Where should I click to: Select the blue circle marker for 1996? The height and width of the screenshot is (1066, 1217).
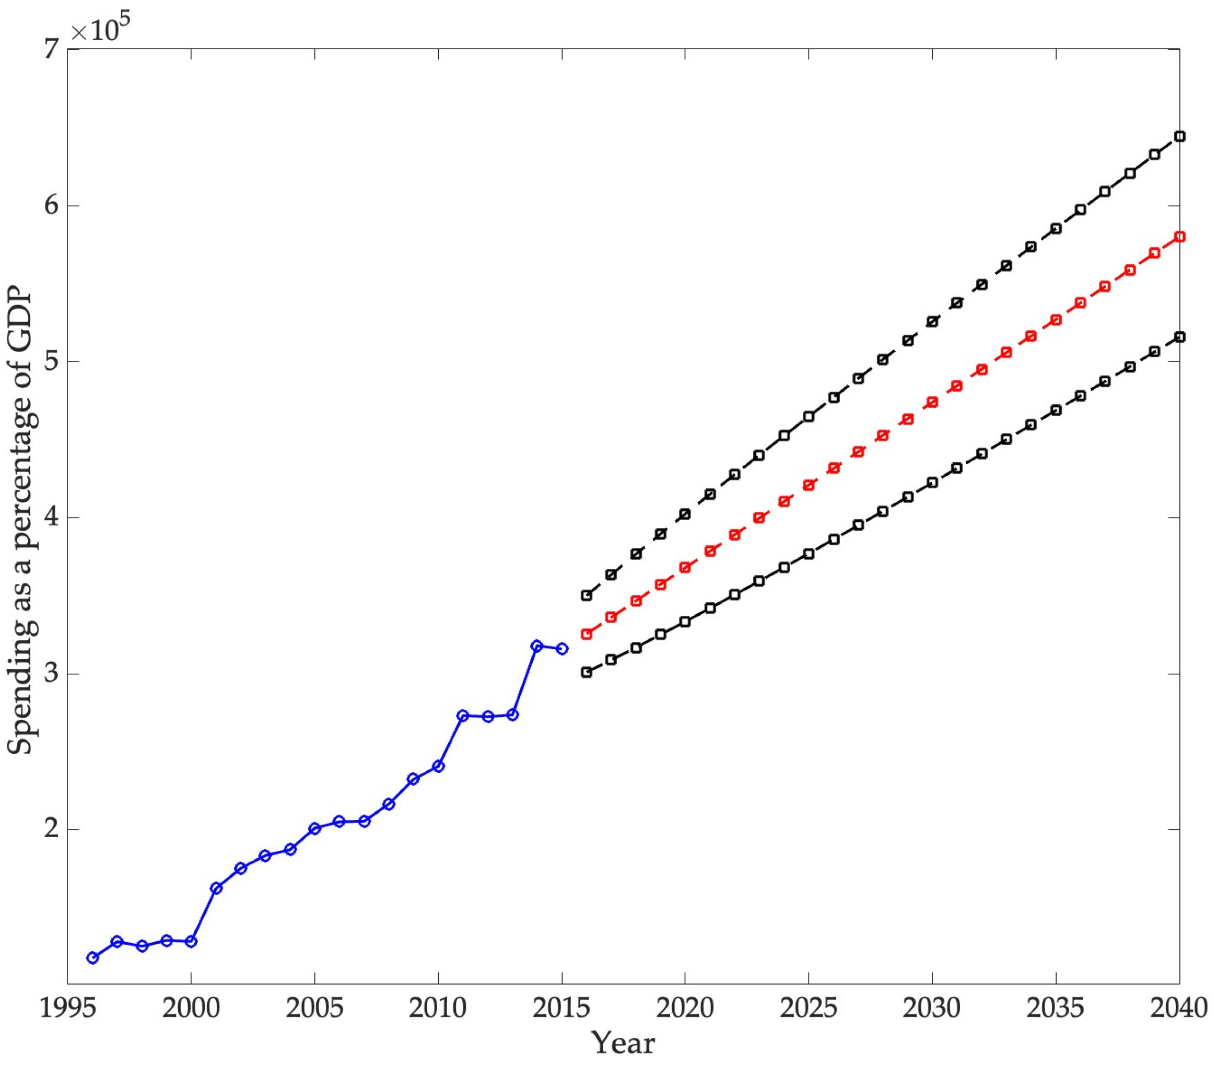pos(92,957)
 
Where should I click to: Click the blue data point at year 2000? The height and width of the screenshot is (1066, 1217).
pos(191,941)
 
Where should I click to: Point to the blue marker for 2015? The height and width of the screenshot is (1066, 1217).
pos(561,648)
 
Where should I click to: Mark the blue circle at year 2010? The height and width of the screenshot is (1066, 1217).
pos(438,766)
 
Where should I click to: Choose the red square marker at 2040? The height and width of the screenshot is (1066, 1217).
pos(1179,237)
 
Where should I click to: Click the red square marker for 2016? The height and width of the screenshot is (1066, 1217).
pos(587,634)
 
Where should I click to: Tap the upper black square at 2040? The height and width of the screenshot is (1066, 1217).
pos(1179,137)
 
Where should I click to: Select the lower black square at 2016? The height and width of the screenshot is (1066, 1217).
pos(587,672)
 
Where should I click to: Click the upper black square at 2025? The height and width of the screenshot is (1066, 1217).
pos(809,416)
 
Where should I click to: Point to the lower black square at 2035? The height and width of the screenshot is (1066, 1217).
pos(1056,411)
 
